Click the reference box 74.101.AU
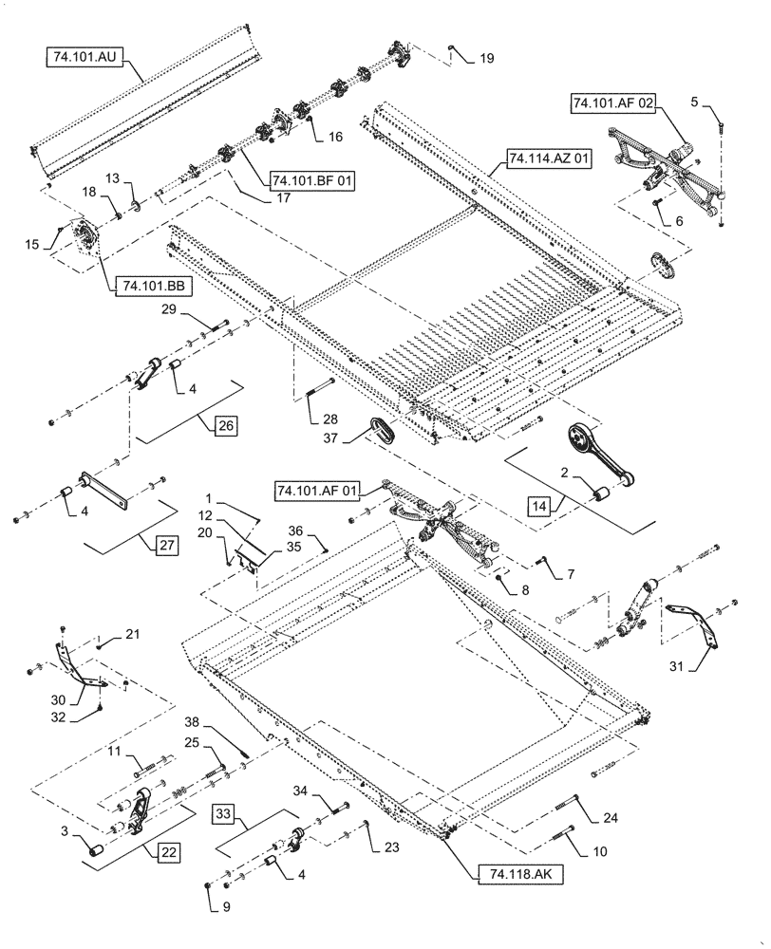(x=85, y=57)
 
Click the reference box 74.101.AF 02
(x=611, y=103)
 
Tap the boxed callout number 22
(x=166, y=852)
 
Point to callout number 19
(x=486, y=59)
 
